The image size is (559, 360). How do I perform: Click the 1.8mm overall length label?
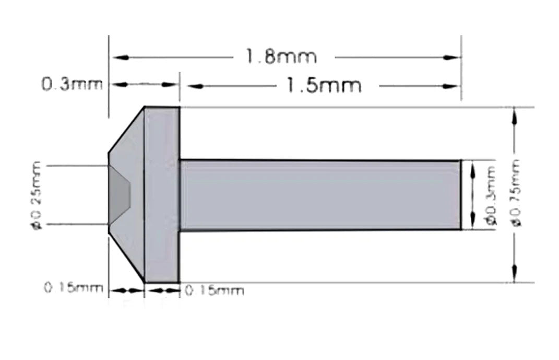282,56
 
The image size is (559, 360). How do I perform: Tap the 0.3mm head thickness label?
72,84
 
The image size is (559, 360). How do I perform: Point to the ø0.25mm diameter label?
36,195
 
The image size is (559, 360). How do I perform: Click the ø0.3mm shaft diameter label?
491,195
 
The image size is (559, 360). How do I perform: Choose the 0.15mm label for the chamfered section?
73,288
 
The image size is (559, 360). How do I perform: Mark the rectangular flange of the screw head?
162,194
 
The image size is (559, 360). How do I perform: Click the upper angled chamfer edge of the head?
126,131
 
